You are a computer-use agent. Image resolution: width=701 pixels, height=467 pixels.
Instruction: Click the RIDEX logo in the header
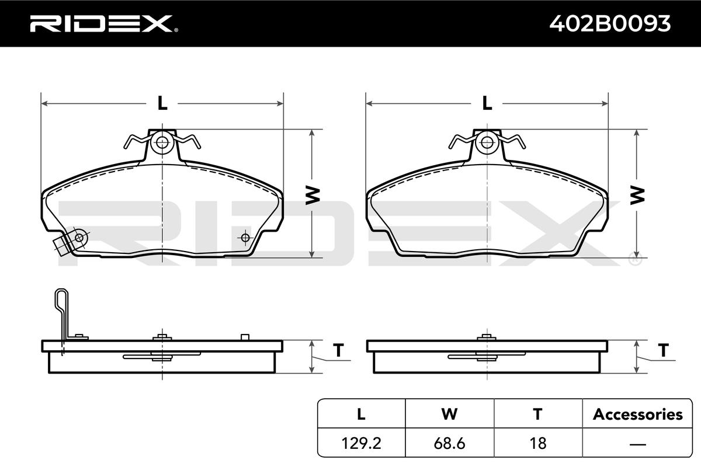(104, 23)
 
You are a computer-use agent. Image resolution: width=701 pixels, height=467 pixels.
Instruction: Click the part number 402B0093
(610, 24)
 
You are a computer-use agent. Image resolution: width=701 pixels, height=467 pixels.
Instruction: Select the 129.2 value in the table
(361, 443)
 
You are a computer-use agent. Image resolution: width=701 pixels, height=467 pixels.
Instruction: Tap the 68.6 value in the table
(449, 443)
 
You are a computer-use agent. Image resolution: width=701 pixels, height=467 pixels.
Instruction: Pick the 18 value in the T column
(538, 443)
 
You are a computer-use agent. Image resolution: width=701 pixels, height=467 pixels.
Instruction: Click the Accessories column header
(637, 414)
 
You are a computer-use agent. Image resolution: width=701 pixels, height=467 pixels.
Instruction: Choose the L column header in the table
(361, 414)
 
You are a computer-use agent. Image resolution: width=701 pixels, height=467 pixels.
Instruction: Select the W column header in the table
(449, 414)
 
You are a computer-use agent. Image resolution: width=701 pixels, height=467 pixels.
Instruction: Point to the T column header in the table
(537, 414)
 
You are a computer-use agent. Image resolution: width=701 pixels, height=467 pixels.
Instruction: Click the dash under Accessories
(637, 444)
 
